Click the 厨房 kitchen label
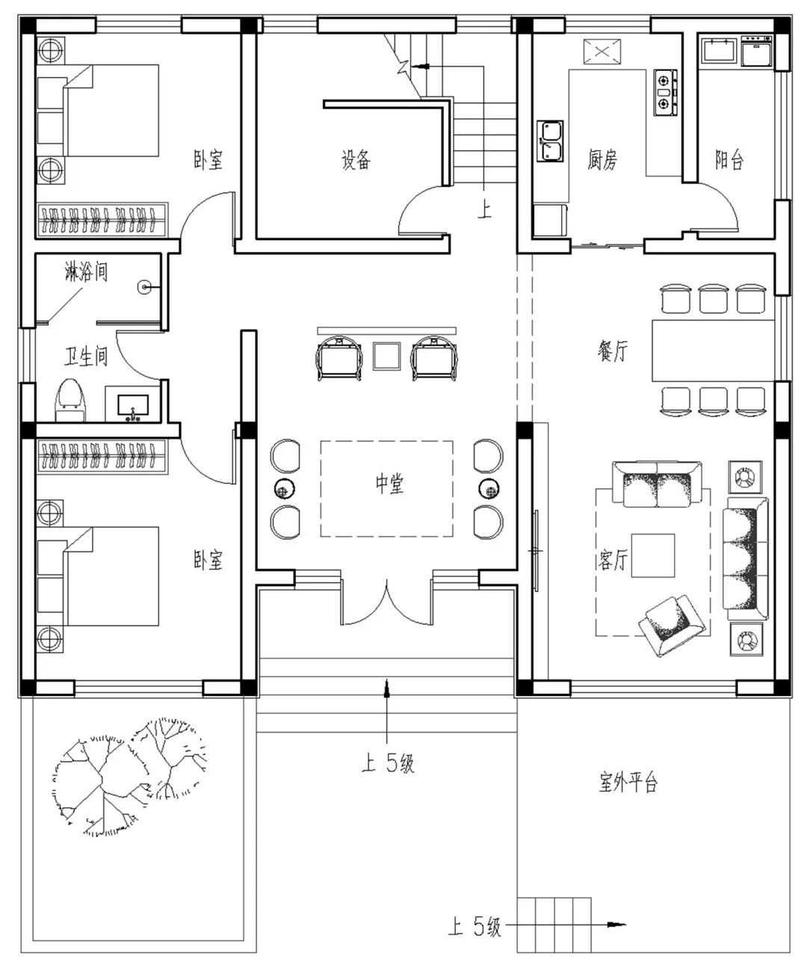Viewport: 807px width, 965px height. pos(602,159)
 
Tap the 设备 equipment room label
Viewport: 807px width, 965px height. pos(356,159)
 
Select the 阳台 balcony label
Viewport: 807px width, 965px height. pos(729,159)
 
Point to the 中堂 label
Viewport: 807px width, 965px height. pos(389,484)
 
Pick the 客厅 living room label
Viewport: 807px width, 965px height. pos(613,560)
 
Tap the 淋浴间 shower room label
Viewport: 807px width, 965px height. pos(87,272)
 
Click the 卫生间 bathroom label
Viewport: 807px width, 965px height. pos(86,357)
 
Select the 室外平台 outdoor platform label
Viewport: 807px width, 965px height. pos(628,782)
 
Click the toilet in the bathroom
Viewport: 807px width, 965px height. pos(70,400)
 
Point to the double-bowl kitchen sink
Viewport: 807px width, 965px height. pos(550,141)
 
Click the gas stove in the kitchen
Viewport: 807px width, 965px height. pos(665,93)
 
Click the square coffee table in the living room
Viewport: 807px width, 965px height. pos(653,555)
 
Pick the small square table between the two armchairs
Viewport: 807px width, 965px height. pos(386,356)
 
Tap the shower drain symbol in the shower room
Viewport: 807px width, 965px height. pos(144,288)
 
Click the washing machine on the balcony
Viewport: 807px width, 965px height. pos(757,52)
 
